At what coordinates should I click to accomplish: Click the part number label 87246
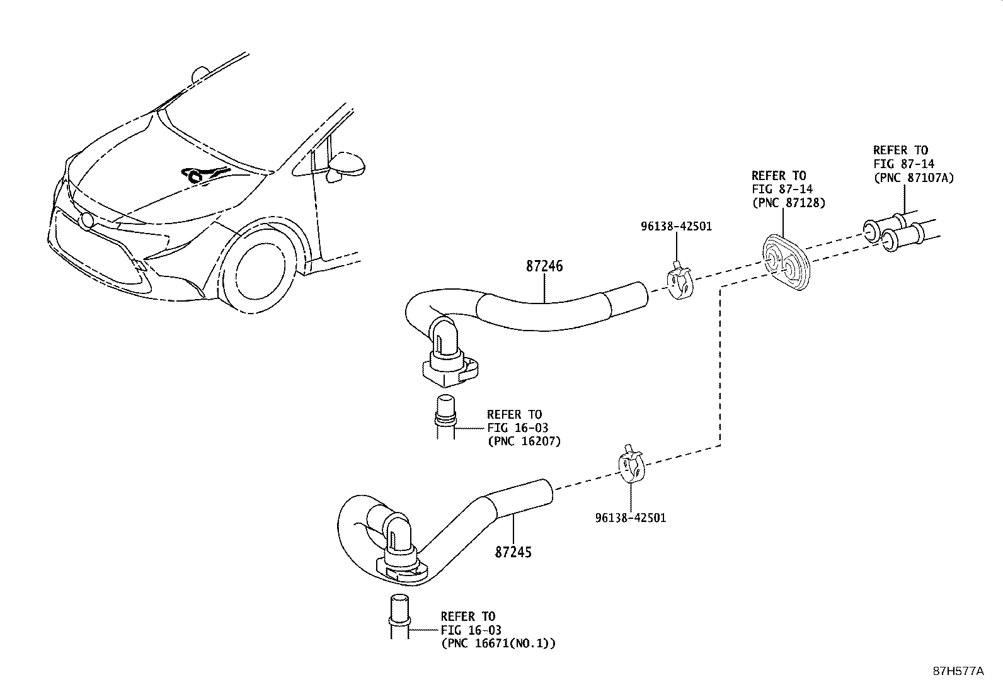click(544, 266)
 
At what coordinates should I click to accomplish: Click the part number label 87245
click(513, 552)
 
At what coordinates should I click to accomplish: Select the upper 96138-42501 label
click(676, 226)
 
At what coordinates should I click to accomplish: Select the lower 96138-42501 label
click(630, 518)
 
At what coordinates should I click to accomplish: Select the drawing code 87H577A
click(958, 671)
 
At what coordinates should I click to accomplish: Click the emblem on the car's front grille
click(85, 220)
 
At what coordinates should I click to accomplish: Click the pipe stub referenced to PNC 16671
click(398, 615)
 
